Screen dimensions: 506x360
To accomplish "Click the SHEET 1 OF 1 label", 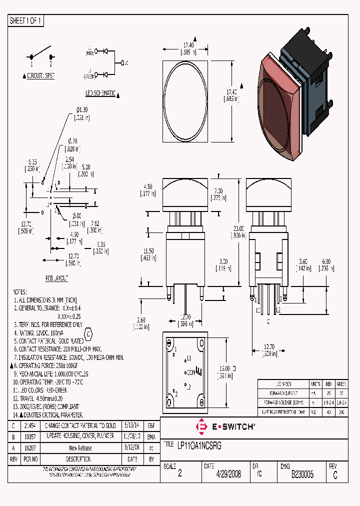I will tap(26, 21).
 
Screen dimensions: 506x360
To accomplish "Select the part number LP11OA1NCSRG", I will tap(198, 445).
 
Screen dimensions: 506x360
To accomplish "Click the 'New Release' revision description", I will tap(80, 448).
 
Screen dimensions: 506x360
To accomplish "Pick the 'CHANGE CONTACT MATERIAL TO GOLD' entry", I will tap(80, 425).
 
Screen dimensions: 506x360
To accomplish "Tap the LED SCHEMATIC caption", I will tap(100, 93).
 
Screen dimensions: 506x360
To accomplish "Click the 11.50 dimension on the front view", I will tap(148, 253).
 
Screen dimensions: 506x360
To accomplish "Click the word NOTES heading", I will tap(19, 291).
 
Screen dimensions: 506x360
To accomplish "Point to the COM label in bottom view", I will tap(190, 372).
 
